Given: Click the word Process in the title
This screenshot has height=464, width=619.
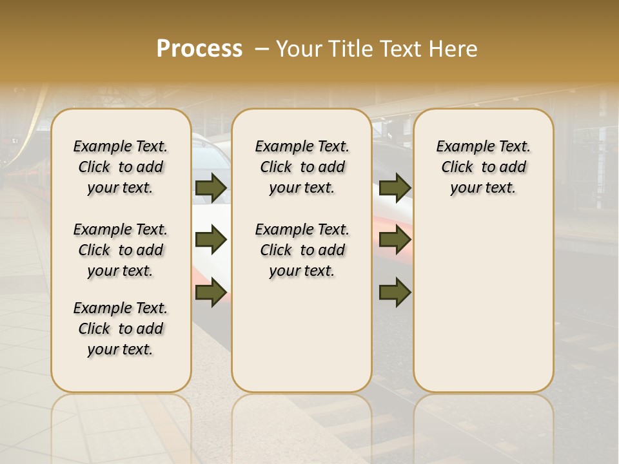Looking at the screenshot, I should click(199, 48).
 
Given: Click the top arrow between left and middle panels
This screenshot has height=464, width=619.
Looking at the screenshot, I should click(211, 188).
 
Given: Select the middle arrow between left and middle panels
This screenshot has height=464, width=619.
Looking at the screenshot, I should click(211, 240).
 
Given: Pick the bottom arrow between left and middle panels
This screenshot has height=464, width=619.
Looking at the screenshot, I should click(211, 293).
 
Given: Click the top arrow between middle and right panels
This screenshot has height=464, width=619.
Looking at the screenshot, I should click(395, 188).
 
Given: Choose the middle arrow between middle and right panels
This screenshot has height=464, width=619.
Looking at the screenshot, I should click(395, 240).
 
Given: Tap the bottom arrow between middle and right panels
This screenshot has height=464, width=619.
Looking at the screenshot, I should click(395, 293).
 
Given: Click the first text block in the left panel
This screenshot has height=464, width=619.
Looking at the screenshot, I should click(121, 167).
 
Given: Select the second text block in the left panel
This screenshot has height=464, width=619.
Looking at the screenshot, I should click(121, 250).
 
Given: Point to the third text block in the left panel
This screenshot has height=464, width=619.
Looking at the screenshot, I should click(121, 329).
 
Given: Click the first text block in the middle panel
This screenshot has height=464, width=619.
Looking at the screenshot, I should click(302, 167).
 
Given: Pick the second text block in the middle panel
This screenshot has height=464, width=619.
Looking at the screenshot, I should click(302, 250).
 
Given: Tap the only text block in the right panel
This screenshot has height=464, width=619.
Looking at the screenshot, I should click(484, 167).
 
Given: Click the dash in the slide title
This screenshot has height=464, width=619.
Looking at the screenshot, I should click(262, 48).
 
